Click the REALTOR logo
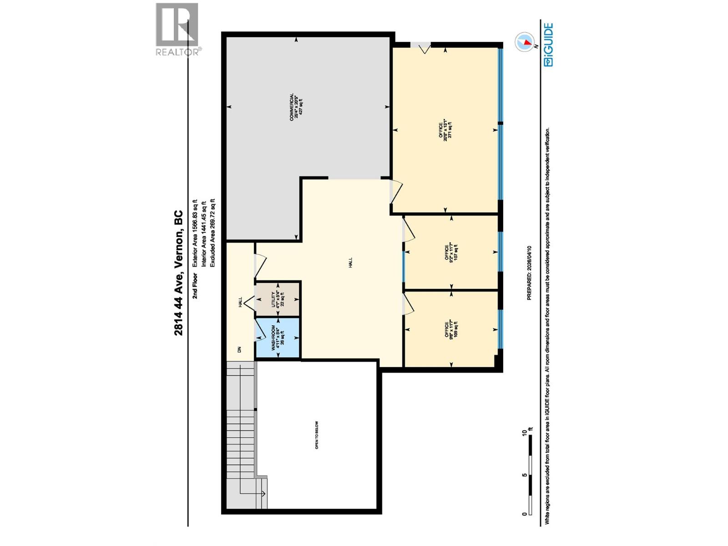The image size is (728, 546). click(x=177, y=29)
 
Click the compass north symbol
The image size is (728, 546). click(x=524, y=42)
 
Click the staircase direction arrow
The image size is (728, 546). click(x=263, y=493)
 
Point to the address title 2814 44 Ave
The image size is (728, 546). click(x=178, y=273)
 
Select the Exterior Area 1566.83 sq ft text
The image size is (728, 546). click(x=195, y=232)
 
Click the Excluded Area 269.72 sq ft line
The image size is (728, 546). click(x=212, y=232)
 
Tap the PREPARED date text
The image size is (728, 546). click(x=529, y=273)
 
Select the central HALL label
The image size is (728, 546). click(x=350, y=263)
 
